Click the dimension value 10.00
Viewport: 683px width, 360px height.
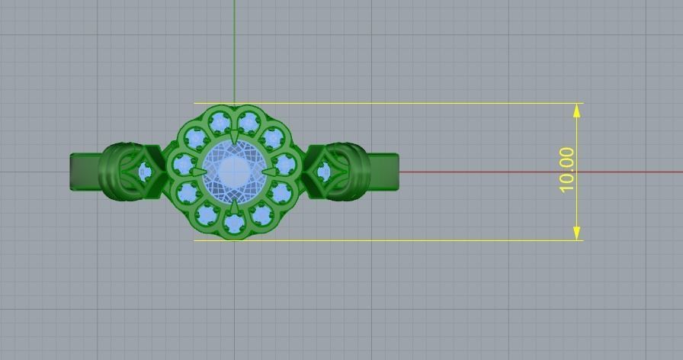(x=566, y=170)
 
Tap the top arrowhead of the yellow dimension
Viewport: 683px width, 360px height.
(x=576, y=110)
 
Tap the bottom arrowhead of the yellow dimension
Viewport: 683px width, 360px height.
(x=576, y=233)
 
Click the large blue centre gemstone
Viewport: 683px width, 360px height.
(x=235, y=171)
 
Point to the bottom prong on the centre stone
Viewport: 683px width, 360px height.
(x=235, y=205)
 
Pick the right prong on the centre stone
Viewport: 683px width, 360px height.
(x=271, y=172)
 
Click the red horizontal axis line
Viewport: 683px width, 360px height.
(x=534, y=172)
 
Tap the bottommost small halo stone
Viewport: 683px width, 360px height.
(x=235, y=222)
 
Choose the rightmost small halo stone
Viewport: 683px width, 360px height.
(x=285, y=164)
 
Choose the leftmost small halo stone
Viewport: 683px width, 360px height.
(x=184, y=164)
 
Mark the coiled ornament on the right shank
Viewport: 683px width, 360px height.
(x=352, y=172)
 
